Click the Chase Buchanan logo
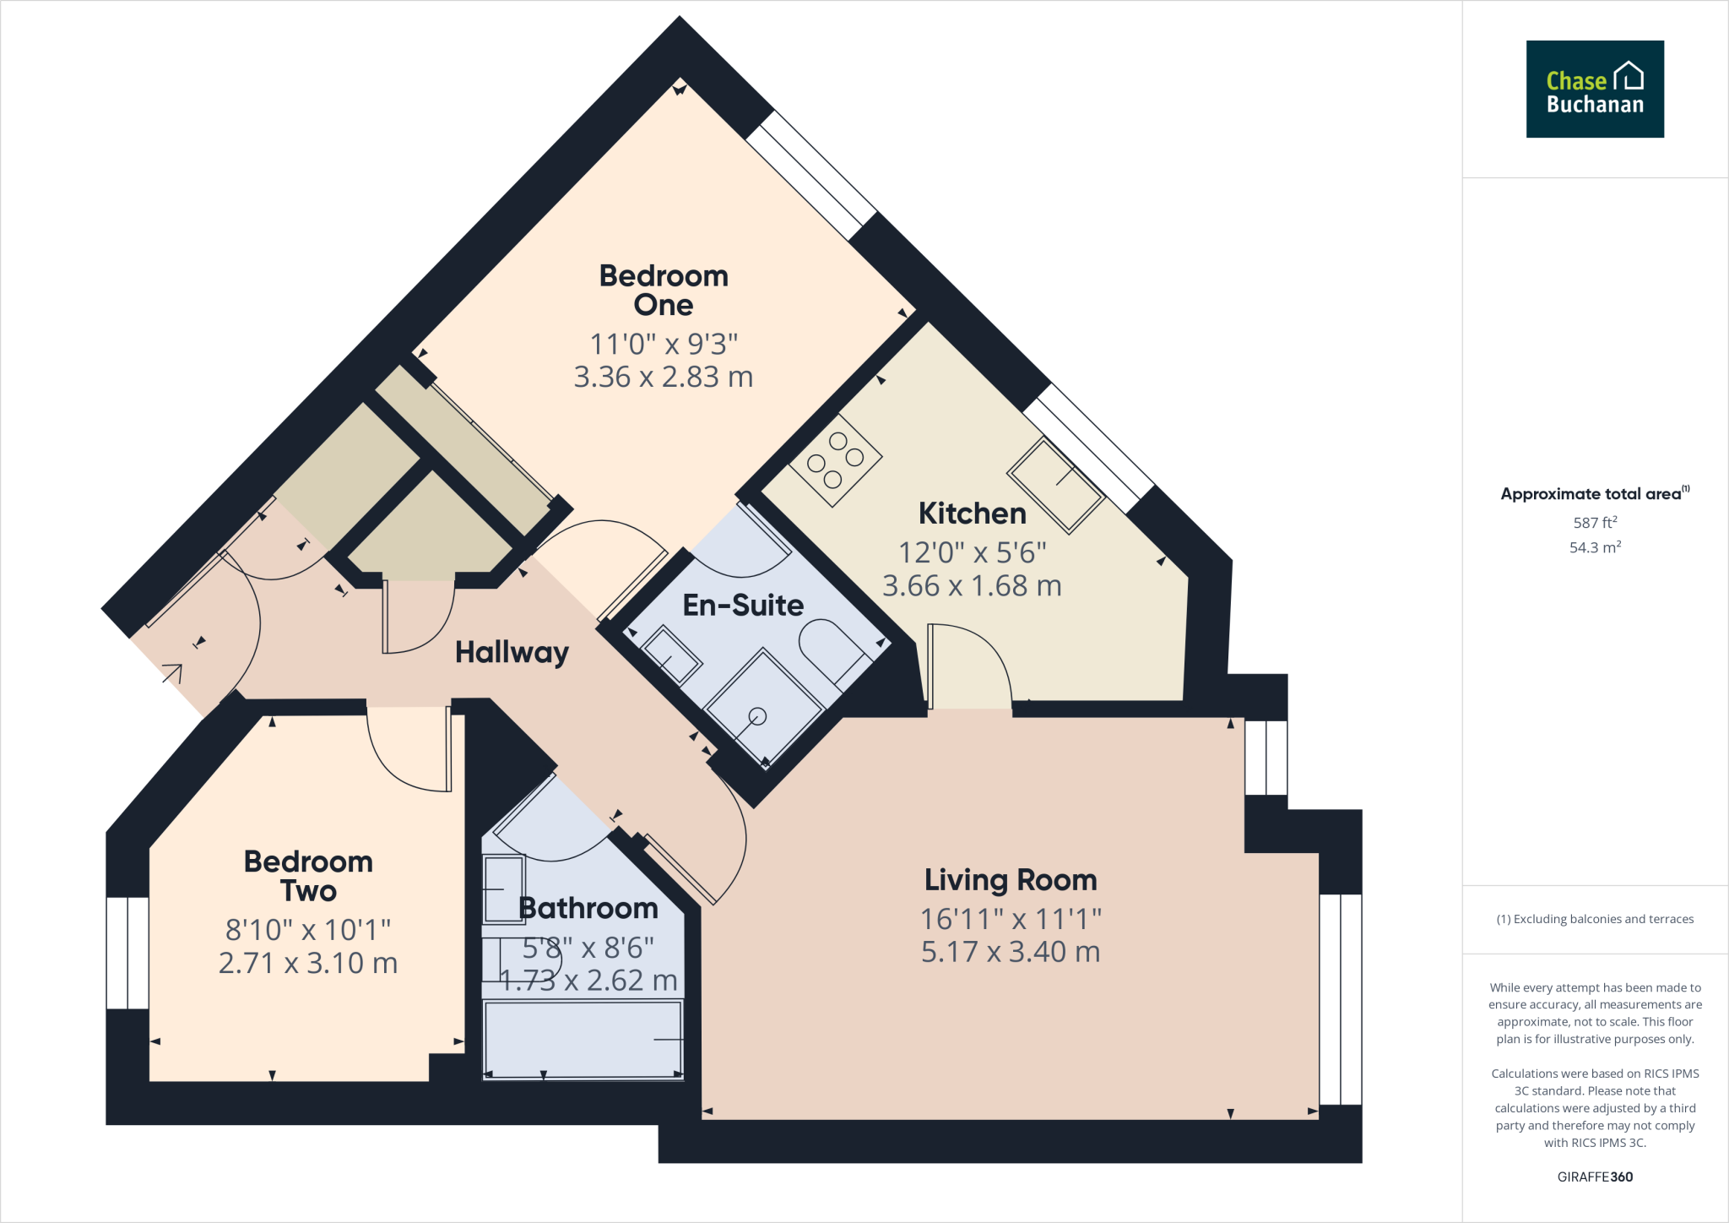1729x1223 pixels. (1594, 89)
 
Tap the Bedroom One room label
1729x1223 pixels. (664, 290)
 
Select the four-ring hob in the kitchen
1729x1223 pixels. (835, 460)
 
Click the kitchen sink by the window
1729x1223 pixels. (1055, 486)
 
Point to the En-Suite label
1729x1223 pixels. (742, 605)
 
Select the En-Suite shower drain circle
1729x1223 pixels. (757, 716)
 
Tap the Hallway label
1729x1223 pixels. (512, 652)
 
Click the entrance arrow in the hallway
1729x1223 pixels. (172, 673)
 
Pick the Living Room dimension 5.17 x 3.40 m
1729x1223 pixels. (1010, 952)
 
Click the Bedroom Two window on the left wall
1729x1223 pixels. (127, 953)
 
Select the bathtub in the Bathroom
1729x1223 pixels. (583, 1039)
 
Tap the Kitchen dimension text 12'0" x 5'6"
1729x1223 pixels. (972, 552)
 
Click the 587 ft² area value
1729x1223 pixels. (1594, 523)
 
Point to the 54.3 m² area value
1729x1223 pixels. (1594, 547)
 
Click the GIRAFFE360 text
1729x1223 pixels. (1594, 1177)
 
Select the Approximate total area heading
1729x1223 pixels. (1592, 494)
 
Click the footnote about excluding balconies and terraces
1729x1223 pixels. (1594, 919)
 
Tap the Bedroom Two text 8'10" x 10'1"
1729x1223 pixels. (308, 930)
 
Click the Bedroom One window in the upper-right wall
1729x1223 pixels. (810, 176)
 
